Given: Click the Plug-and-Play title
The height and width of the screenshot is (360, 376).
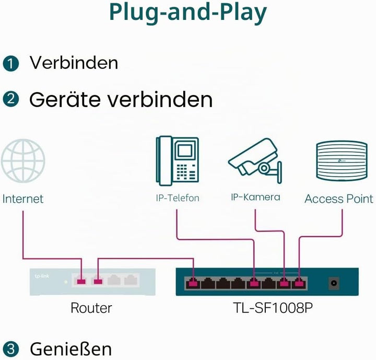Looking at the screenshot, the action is (x=188, y=12).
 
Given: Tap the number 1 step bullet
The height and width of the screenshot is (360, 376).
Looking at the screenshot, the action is (x=11, y=64).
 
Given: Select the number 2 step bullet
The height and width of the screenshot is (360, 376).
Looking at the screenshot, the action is (x=11, y=99).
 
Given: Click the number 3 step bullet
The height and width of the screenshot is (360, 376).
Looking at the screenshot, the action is (x=11, y=349).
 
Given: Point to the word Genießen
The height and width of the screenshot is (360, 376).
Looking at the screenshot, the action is (x=70, y=349).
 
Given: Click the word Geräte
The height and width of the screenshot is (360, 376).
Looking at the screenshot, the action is (x=65, y=99).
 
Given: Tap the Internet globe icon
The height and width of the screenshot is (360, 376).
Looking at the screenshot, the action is (x=23, y=161).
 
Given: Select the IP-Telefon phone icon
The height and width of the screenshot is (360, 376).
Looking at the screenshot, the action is (x=178, y=161).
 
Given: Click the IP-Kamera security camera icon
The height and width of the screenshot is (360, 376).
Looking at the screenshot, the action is (x=255, y=160).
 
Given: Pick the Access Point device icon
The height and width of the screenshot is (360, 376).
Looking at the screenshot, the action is (x=342, y=160).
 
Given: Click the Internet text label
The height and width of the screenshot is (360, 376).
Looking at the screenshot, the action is (x=23, y=199).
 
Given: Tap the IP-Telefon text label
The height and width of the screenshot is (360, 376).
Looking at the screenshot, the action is (x=178, y=198).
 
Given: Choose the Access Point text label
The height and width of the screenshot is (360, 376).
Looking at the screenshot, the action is (x=339, y=199).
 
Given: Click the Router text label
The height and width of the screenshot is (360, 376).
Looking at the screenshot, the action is (x=91, y=308).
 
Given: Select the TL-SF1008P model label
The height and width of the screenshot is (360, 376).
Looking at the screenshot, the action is (x=273, y=308).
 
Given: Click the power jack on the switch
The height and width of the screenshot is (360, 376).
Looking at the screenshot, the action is (x=334, y=283).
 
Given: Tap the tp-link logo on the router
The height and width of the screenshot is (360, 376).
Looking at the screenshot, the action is (x=42, y=276).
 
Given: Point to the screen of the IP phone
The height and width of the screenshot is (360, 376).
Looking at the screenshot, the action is (x=185, y=150).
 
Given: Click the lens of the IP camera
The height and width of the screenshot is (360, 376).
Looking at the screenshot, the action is (x=264, y=168).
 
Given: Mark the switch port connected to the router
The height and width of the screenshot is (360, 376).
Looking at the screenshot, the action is (x=193, y=283).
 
